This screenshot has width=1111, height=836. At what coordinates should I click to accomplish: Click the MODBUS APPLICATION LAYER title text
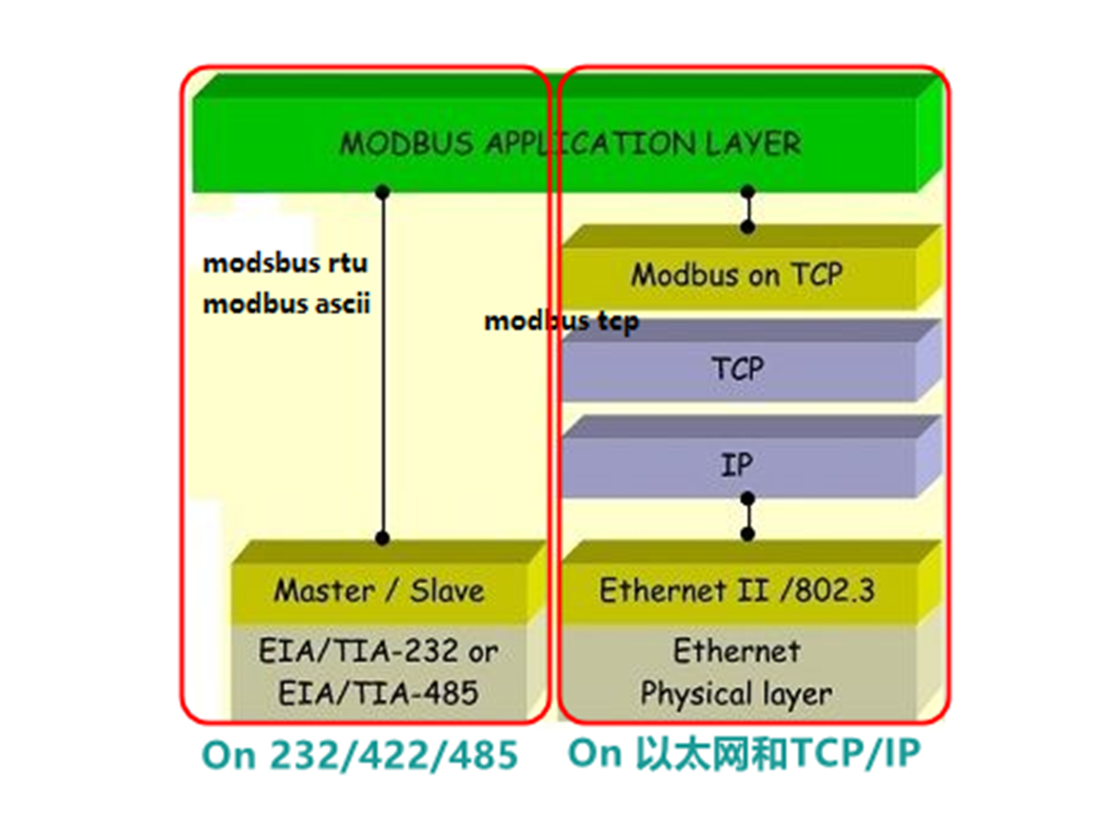[x=570, y=144]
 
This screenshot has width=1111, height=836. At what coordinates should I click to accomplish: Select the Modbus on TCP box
[x=736, y=275]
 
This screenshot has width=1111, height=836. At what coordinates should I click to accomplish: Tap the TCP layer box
[x=738, y=369]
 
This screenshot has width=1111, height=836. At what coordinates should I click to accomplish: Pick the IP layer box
[x=736, y=465]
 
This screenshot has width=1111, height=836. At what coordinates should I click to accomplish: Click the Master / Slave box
[x=378, y=590]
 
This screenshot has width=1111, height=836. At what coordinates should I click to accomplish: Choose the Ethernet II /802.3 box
[x=736, y=590]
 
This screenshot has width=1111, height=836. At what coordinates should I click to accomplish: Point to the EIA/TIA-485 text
[x=378, y=693]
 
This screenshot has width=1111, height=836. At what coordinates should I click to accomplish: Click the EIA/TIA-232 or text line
[x=378, y=652]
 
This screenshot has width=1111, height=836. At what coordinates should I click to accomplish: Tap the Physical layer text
[x=736, y=693]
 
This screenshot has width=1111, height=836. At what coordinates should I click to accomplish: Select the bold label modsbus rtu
[x=286, y=263]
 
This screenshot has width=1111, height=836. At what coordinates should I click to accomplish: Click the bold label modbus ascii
[x=286, y=303]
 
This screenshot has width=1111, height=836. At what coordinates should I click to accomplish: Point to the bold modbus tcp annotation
[x=561, y=321]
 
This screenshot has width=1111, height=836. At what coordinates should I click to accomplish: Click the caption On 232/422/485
[x=360, y=755]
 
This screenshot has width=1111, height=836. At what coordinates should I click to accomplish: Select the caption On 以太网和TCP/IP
[x=744, y=753]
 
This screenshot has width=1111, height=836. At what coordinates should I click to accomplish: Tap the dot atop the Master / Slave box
[x=383, y=538]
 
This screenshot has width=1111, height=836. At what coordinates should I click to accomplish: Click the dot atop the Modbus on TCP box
[x=747, y=227]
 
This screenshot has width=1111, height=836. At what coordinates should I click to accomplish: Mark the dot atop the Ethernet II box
[x=747, y=534]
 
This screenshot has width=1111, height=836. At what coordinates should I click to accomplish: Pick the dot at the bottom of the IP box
[x=747, y=499]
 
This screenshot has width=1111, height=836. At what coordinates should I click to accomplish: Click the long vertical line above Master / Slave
[x=383, y=365]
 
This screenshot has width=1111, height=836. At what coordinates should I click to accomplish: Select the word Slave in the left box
[x=447, y=590]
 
